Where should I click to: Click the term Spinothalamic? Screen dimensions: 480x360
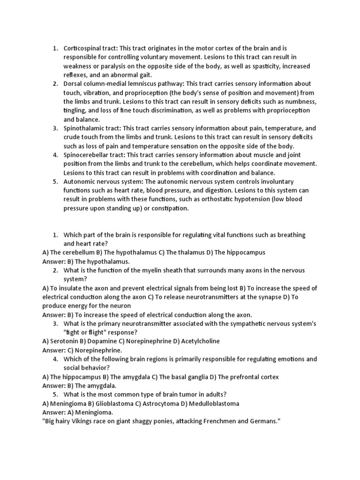coord(85,128)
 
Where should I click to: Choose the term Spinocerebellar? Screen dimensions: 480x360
coord(86,155)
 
